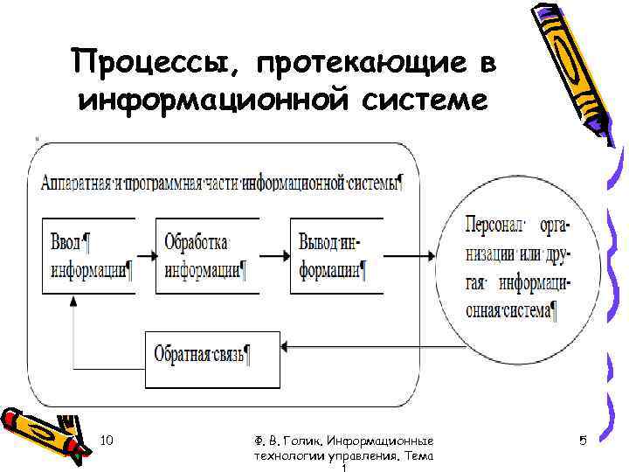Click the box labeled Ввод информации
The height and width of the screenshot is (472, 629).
89,255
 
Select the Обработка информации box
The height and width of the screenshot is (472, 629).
207,255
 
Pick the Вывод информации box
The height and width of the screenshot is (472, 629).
336,255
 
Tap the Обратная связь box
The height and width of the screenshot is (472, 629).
213,357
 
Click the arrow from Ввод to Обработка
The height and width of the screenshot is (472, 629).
147,255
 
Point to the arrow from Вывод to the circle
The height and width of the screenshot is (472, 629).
411,255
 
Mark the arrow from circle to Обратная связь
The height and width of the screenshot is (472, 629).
367,348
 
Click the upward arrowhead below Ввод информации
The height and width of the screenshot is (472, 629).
73,300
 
